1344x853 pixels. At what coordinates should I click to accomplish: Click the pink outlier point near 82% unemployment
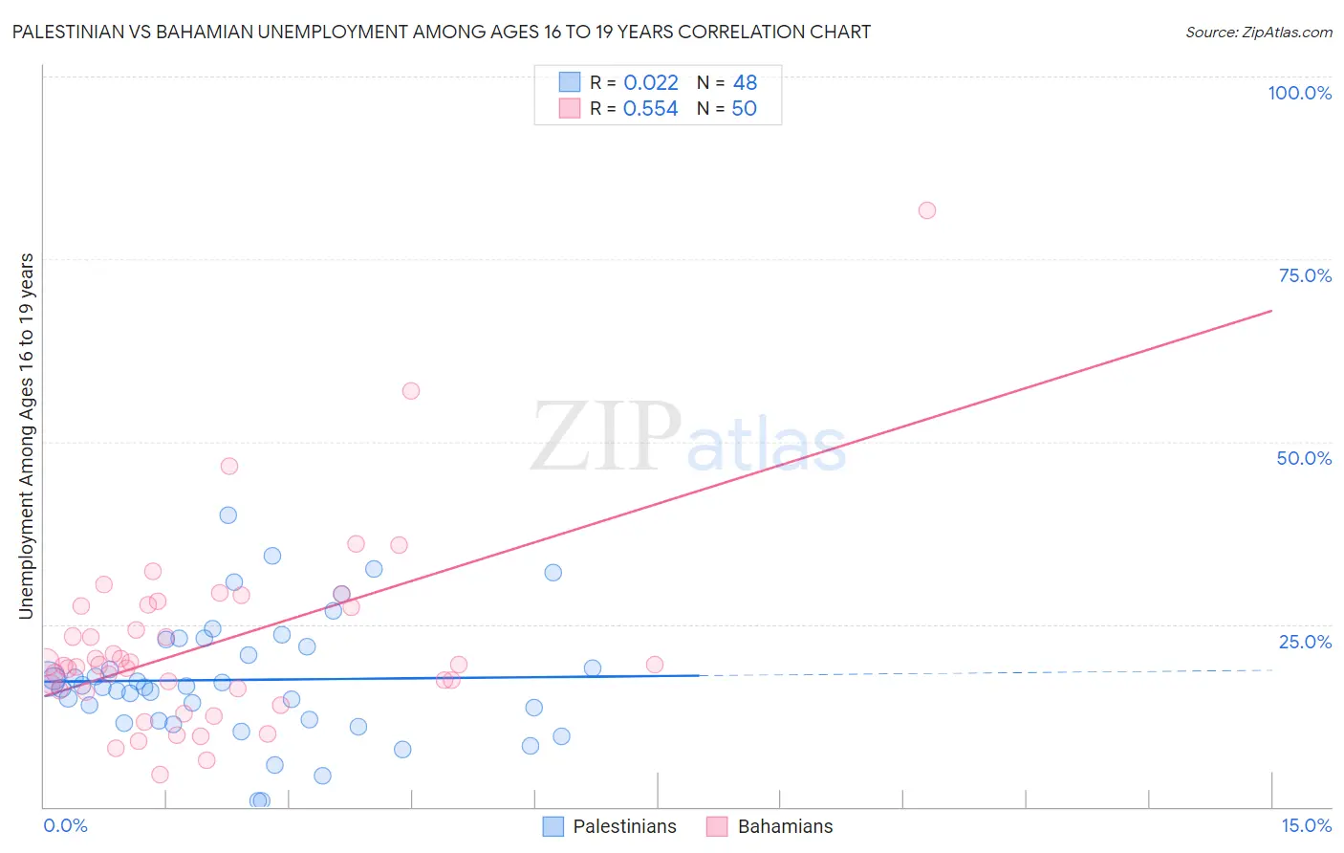(926, 210)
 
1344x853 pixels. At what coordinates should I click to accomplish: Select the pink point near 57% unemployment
(411, 390)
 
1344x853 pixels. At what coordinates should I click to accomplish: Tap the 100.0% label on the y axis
(1299, 93)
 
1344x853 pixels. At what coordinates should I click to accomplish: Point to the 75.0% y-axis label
(1305, 275)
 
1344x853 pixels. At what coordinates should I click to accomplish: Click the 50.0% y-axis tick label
(1304, 458)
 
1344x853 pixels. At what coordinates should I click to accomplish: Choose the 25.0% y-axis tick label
(1305, 642)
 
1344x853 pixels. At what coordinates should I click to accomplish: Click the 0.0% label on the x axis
(65, 826)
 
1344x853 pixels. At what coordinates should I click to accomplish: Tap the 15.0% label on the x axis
(1306, 826)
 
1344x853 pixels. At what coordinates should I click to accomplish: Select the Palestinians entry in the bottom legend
(623, 827)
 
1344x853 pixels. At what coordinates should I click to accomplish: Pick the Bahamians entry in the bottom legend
(785, 827)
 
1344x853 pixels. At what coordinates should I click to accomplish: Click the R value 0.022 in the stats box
(651, 83)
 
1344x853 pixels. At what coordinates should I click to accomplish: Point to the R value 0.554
(651, 109)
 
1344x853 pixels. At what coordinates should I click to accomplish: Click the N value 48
(745, 83)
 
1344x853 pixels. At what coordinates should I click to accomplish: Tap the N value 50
(744, 109)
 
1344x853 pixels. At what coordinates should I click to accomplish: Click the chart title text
(442, 33)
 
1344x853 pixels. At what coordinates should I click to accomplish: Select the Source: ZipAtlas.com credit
(1258, 33)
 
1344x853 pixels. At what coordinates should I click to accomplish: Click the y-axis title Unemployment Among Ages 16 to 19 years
(27, 436)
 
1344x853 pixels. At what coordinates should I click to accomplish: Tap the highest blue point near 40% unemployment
(228, 514)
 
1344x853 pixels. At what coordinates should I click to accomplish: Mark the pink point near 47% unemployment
(229, 466)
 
